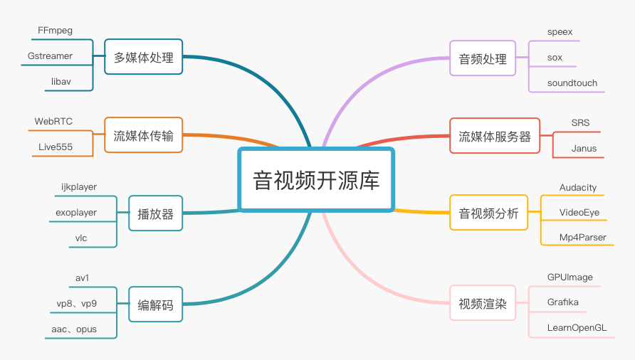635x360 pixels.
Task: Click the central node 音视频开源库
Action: point(316,180)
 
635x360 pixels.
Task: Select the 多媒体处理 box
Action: point(143,57)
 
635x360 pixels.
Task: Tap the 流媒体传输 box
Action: point(143,135)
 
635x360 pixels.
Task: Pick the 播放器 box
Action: point(155,213)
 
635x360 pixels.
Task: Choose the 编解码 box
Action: point(155,305)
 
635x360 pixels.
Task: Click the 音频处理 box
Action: point(483,58)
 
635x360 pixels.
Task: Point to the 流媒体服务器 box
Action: point(495,136)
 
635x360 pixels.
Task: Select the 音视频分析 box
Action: point(488,213)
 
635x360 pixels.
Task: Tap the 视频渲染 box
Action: point(483,303)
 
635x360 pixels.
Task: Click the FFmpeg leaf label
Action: point(55,31)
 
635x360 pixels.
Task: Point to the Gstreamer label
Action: point(50,56)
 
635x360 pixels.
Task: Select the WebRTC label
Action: point(53,122)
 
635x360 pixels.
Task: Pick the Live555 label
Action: point(56,147)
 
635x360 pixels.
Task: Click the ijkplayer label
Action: point(79,187)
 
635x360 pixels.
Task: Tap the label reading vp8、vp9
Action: point(77,304)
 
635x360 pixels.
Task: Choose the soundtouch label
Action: point(572,83)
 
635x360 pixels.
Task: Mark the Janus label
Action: point(584,149)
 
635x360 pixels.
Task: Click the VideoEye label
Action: point(579,213)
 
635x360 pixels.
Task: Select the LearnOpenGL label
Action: point(577,327)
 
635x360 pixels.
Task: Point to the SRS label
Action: point(580,122)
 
